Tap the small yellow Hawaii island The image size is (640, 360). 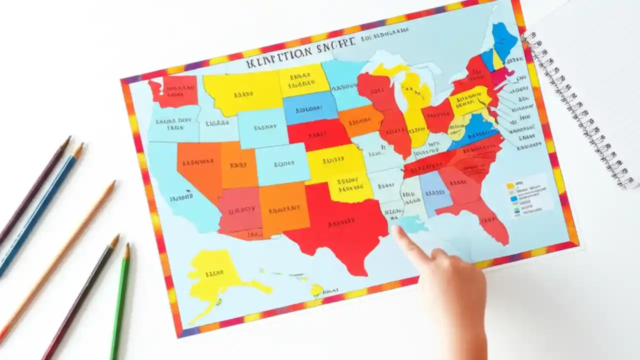tap(316, 289)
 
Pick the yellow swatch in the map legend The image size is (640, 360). tap(510, 185)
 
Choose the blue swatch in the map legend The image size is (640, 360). tap(513, 198)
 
